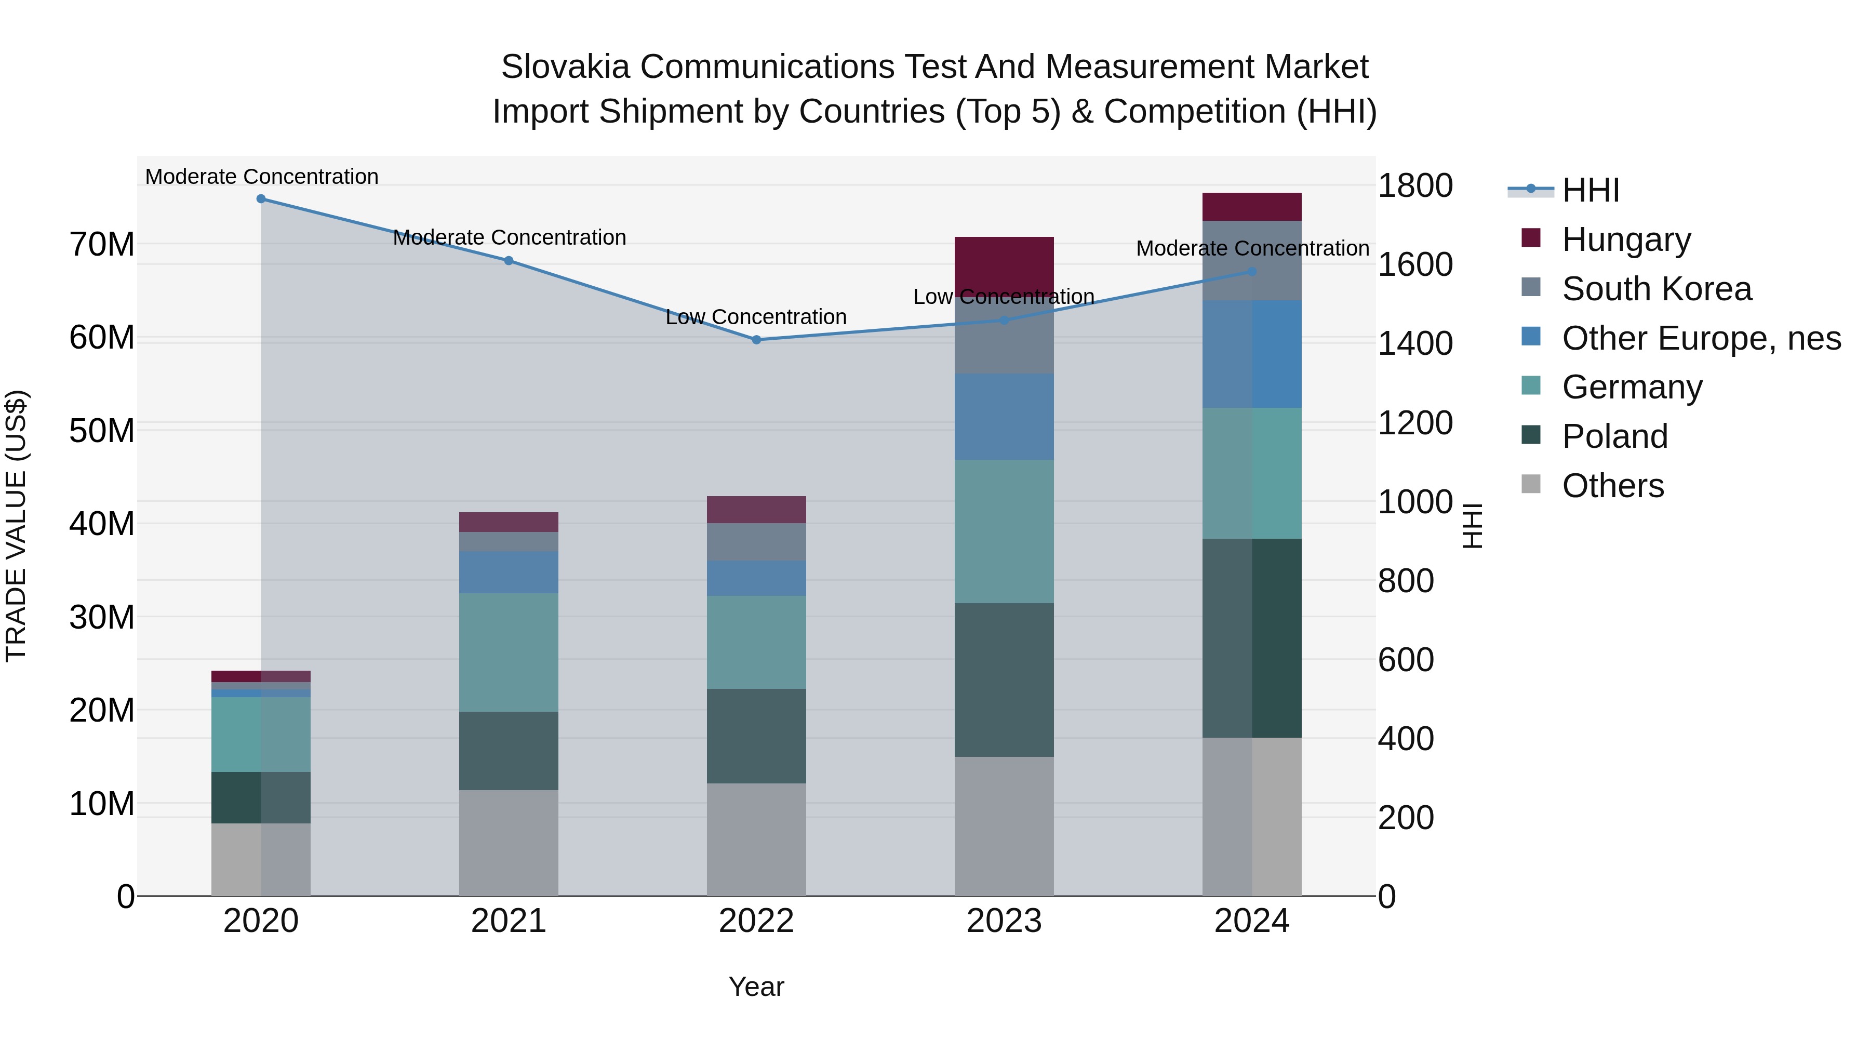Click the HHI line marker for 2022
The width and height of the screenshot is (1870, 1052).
click(756, 340)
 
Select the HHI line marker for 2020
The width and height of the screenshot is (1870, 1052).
click(261, 199)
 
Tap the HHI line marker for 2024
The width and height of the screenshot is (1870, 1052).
click(1251, 272)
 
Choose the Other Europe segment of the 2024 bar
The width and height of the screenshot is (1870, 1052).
click(1251, 354)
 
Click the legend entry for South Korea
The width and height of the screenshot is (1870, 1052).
click(1656, 289)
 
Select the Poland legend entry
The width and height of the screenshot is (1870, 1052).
click(1614, 436)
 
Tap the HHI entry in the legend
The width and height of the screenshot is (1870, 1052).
click(1590, 190)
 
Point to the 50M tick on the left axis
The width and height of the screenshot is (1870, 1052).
click(102, 431)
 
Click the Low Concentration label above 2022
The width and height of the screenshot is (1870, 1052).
click(756, 317)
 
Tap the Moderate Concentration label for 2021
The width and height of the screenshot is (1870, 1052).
click(509, 237)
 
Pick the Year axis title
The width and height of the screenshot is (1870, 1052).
click(756, 987)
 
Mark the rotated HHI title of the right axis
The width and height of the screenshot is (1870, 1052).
click(1472, 526)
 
